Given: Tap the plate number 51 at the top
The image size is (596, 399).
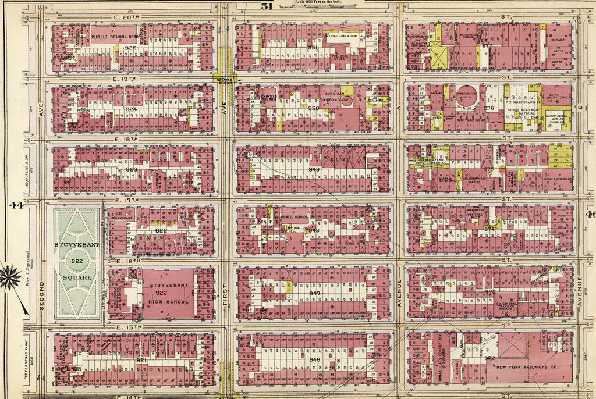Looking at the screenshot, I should (267, 6).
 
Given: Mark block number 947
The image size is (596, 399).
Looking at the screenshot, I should (314, 293).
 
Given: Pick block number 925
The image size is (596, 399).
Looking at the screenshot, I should (130, 48).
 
